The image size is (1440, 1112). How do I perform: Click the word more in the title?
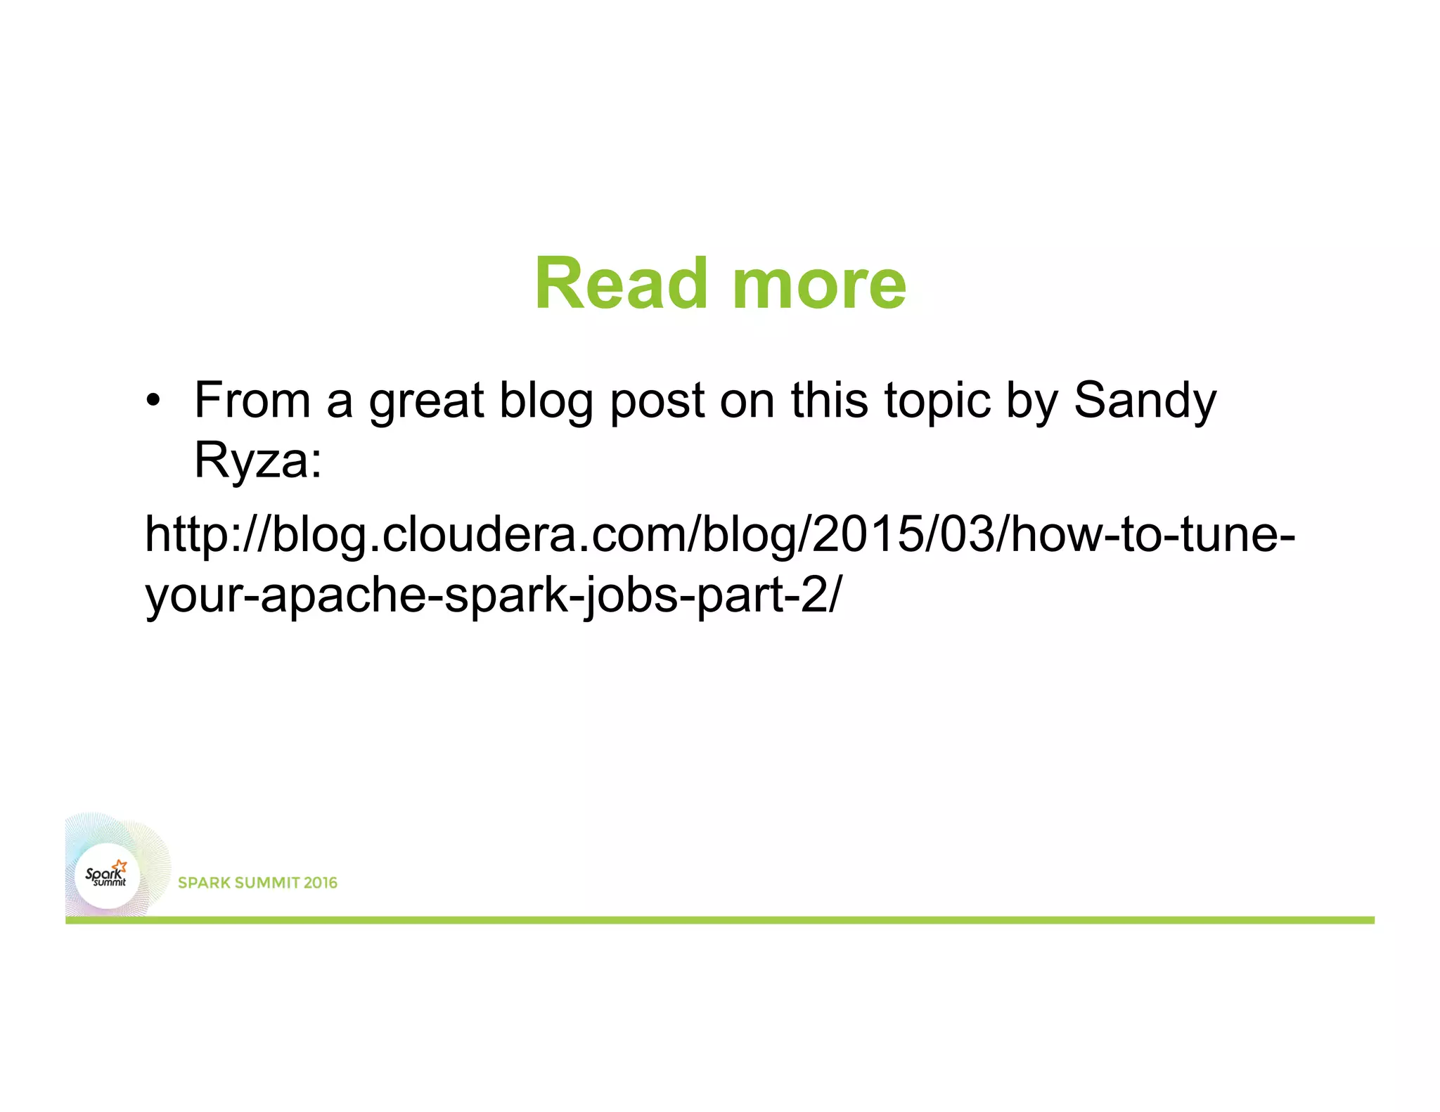click(819, 285)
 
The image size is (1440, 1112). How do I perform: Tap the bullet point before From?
click(153, 401)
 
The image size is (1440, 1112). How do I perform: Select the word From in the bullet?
click(252, 400)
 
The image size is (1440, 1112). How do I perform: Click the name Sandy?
click(1145, 401)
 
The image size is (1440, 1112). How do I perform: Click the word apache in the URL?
click(344, 595)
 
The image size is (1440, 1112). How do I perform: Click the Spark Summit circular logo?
click(108, 876)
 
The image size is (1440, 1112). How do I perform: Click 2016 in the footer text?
click(321, 883)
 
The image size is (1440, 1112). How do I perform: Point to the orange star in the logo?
click(121, 866)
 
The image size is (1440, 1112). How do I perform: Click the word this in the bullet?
click(829, 400)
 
